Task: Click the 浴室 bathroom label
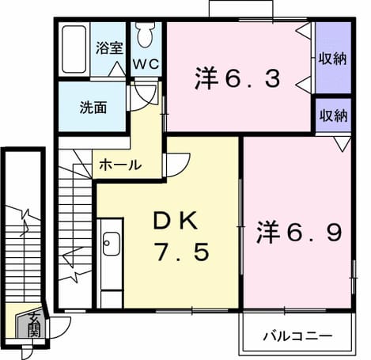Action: point(109,47)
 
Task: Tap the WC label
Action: point(146,64)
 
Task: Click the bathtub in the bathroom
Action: point(74,49)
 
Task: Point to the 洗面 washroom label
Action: point(93,108)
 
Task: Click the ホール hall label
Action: point(120,165)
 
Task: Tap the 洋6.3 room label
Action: point(237,78)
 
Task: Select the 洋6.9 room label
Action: point(299,232)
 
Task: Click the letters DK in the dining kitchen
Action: point(176,221)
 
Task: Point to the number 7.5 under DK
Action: point(182,252)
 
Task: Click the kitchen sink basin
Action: point(111,244)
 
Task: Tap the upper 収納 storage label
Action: point(333,59)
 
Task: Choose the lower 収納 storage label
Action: point(333,115)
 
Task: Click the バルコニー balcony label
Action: point(297,336)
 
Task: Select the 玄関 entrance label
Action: point(34,324)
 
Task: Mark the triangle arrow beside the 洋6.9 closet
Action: point(343,144)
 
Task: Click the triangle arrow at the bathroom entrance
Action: point(117,70)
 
